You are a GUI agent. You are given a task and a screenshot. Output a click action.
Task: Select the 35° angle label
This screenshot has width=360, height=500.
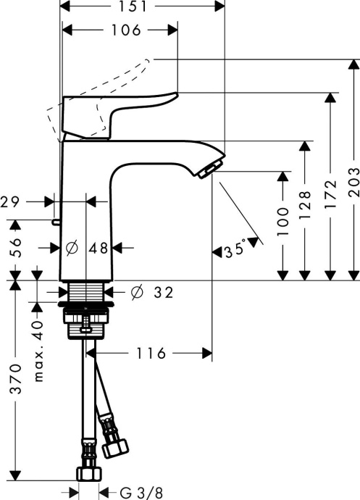[x=235, y=251]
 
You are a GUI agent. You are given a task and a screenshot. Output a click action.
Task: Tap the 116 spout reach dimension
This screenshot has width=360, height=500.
[x=149, y=354]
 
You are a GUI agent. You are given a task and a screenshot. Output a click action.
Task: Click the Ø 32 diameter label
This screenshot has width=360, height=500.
[x=153, y=293]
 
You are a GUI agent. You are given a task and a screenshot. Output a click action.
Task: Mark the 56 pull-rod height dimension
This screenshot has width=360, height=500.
[x=15, y=248]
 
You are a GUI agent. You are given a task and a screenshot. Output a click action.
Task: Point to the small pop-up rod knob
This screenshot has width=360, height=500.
[x=55, y=221]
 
